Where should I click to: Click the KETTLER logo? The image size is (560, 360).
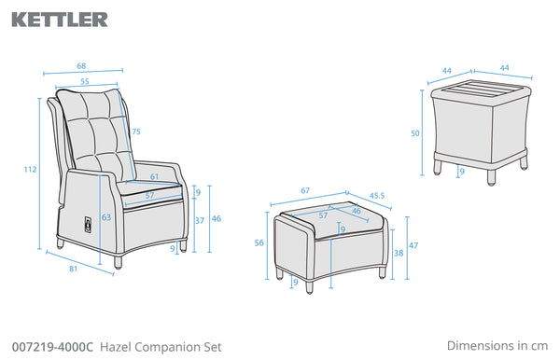click(60, 20)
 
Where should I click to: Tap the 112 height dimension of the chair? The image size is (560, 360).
click(30, 169)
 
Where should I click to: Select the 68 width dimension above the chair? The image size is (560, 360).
click(81, 66)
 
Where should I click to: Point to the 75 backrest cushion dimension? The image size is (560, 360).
click(136, 132)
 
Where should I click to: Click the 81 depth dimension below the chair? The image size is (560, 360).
click(73, 269)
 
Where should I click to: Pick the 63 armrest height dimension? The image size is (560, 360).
click(106, 217)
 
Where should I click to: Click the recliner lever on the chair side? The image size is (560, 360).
click(88, 227)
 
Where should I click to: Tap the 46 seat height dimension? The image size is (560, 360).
click(217, 218)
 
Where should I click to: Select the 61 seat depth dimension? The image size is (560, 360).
click(154, 176)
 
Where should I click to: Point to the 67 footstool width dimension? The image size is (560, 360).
click(305, 191)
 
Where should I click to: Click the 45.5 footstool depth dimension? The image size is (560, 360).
click(377, 196)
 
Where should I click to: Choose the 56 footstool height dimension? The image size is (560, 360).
click(259, 243)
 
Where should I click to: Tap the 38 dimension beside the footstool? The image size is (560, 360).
click(399, 253)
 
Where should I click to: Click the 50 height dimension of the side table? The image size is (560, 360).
click(415, 133)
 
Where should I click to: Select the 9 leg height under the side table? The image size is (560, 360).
click(462, 172)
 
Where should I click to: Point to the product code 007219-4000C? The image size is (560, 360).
click(52, 347)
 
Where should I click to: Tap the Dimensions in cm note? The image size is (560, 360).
click(497, 345)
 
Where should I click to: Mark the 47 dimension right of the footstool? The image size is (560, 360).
click(413, 246)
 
